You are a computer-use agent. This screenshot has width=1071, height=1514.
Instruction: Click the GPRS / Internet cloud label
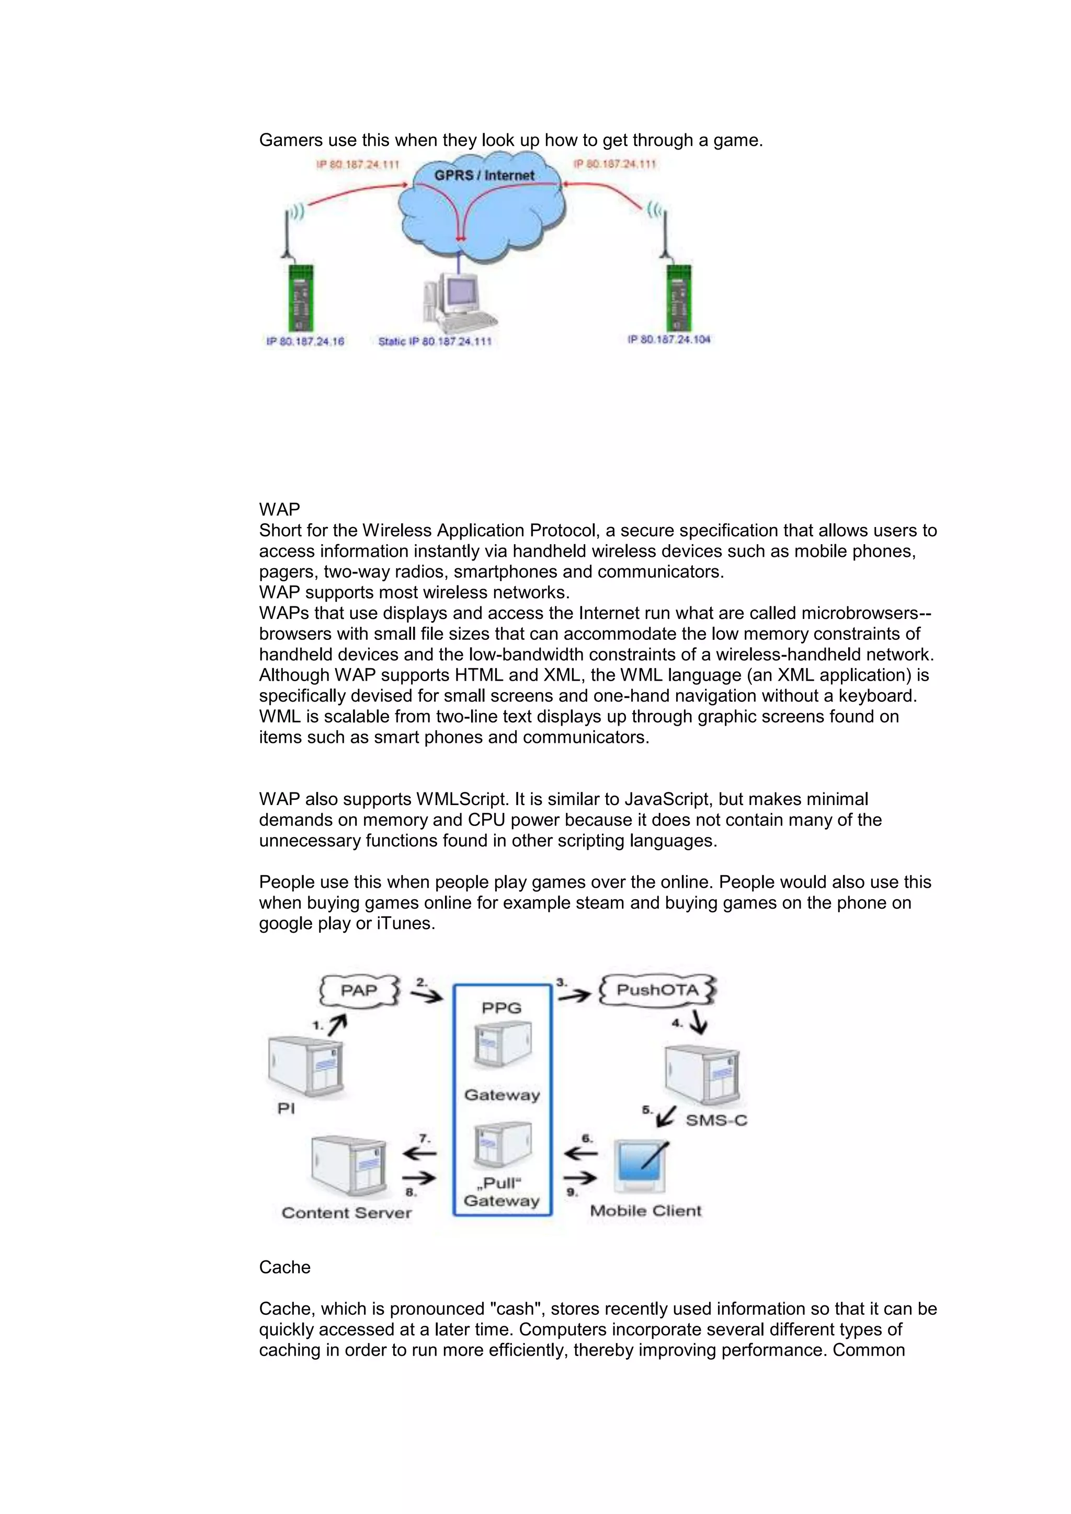484,176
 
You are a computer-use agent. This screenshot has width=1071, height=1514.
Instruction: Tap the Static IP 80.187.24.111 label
435,341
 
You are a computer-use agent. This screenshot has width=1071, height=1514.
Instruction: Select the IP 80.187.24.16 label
305,341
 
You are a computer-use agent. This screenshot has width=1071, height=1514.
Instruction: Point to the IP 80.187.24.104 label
669,339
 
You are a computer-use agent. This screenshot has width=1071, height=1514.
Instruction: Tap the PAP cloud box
359,991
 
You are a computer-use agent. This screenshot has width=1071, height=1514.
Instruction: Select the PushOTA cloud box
657,990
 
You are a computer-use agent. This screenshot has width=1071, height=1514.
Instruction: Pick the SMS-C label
716,1120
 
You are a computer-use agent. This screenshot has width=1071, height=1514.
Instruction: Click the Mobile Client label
646,1211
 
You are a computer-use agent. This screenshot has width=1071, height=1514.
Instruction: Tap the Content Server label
346,1213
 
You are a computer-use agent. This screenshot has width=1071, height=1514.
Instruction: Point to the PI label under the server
286,1108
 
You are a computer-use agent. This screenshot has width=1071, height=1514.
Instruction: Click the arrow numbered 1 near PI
337,1024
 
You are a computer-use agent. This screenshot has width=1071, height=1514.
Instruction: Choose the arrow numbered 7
419,1153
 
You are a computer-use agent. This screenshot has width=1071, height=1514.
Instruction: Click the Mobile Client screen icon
639,1166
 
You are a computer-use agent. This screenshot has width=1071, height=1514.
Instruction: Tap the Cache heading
284,1267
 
